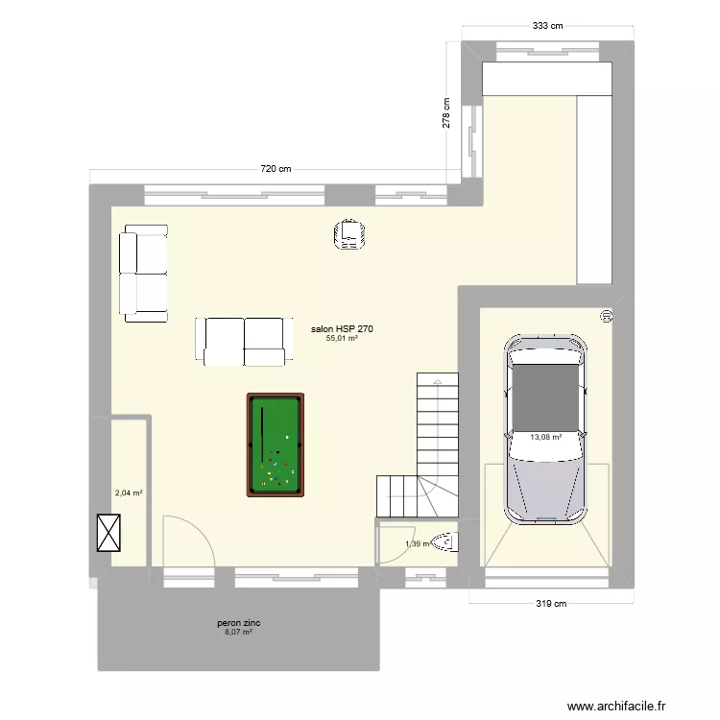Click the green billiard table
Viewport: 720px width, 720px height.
[276, 444]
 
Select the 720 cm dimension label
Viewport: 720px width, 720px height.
[276, 169]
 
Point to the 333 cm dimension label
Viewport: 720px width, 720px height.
[546, 26]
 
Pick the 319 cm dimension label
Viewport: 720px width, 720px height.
[550, 604]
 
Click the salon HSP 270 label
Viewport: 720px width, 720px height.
[342, 329]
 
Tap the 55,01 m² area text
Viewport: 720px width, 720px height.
[342, 339]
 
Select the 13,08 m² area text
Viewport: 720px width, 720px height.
[546, 437]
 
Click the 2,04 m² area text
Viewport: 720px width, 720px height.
[129, 493]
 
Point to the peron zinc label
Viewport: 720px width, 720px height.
[238, 623]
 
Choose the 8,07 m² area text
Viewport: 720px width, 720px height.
[238, 633]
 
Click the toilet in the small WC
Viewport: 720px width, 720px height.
[444, 543]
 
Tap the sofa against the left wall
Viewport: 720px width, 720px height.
[143, 273]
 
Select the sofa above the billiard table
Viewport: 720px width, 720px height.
[244, 340]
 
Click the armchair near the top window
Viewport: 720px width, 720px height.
[350, 236]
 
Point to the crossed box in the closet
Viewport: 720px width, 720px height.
[109, 533]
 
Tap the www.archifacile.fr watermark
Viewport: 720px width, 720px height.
[616, 707]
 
